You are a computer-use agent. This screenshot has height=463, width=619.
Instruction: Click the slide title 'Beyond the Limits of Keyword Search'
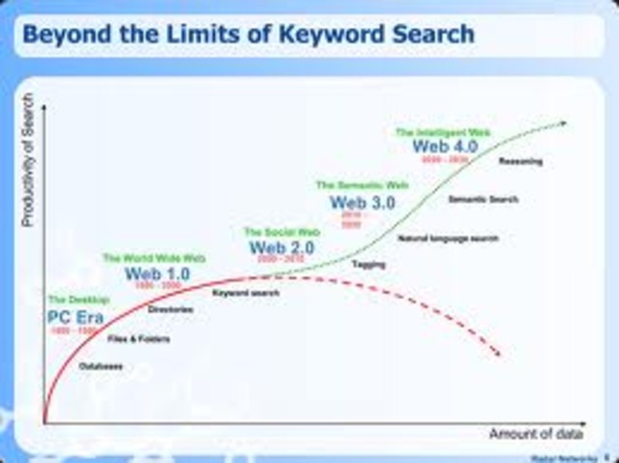(248, 35)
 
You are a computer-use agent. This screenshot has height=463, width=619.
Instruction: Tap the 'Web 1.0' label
(157, 274)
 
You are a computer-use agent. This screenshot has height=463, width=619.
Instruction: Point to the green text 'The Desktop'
(78, 301)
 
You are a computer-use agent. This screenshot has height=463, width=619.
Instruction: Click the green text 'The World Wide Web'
(154, 258)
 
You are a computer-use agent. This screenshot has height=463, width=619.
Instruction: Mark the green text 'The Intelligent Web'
(437, 130)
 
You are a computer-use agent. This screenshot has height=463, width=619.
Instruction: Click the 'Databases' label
(101, 365)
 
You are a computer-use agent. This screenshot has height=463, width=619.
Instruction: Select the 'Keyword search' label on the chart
(240, 292)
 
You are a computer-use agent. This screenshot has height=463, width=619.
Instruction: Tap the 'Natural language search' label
(441, 236)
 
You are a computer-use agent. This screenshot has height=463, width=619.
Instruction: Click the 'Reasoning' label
(520, 161)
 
